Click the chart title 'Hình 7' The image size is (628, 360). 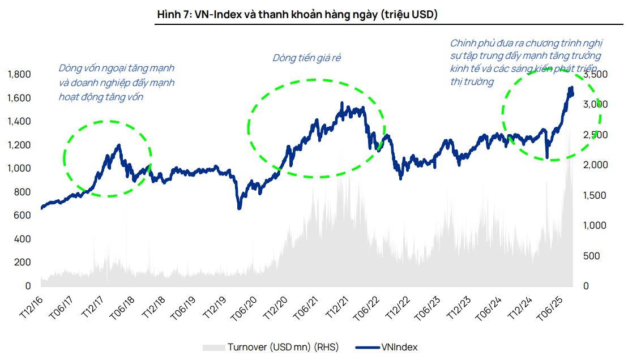[297, 15]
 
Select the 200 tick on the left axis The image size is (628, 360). [22, 263]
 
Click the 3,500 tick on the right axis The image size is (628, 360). [595, 75]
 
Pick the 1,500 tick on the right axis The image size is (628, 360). [595, 195]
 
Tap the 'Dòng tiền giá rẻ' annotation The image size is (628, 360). [306, 58]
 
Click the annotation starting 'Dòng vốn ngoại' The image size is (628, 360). [117, 82]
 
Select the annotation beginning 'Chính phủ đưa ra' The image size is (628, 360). [526, 62]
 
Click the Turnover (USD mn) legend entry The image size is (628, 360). [270, 347]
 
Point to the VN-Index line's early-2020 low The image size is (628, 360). [239, 208]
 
